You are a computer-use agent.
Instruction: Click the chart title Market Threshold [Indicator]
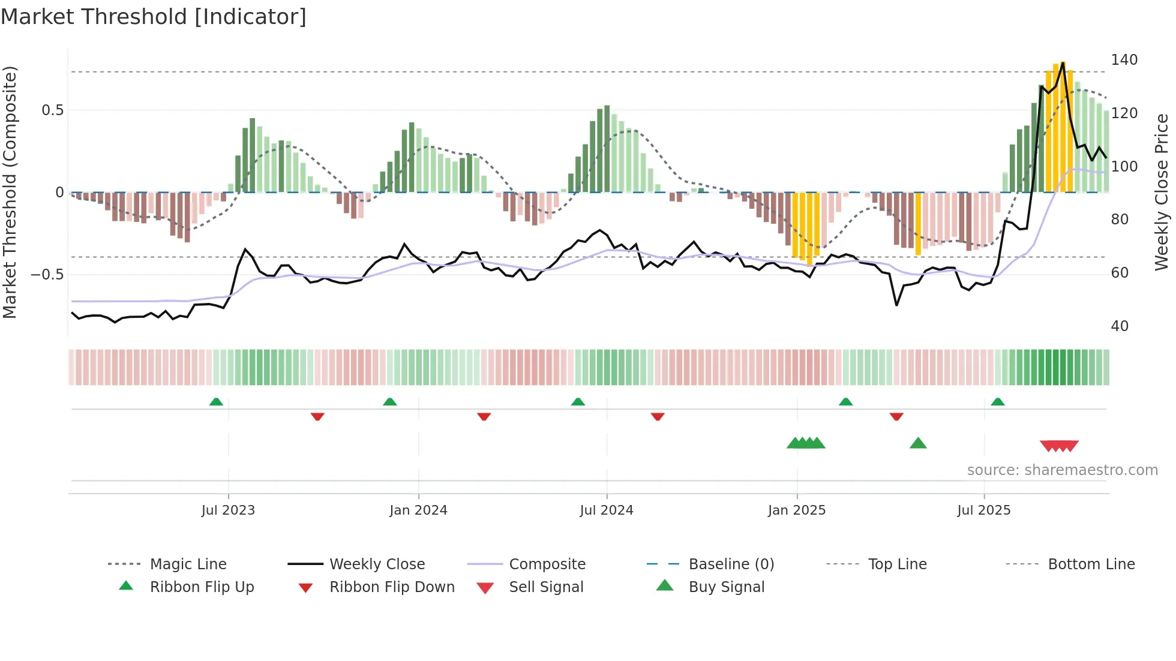(154, 17)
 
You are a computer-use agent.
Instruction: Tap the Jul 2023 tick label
(228, 510)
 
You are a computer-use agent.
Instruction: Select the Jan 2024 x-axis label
(418, 510)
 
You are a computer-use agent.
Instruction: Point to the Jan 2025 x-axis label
(797, 510)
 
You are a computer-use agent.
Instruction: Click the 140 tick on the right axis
(1124, 60)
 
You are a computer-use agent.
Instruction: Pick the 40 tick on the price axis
(1120, 326)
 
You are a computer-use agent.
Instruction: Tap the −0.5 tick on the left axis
(47, 275)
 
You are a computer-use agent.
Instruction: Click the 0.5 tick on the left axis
(52, 110)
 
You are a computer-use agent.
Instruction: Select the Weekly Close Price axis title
(1162, 192)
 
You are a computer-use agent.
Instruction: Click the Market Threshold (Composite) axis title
(10, 192)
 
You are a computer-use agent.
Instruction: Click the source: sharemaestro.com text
(1062, 470)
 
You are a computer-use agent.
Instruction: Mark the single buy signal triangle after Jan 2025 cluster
(918, 444)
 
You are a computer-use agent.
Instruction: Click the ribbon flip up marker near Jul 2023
(216, 402)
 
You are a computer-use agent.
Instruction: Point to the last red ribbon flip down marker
(896, 416)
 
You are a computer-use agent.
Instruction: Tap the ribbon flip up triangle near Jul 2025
(997, 402)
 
